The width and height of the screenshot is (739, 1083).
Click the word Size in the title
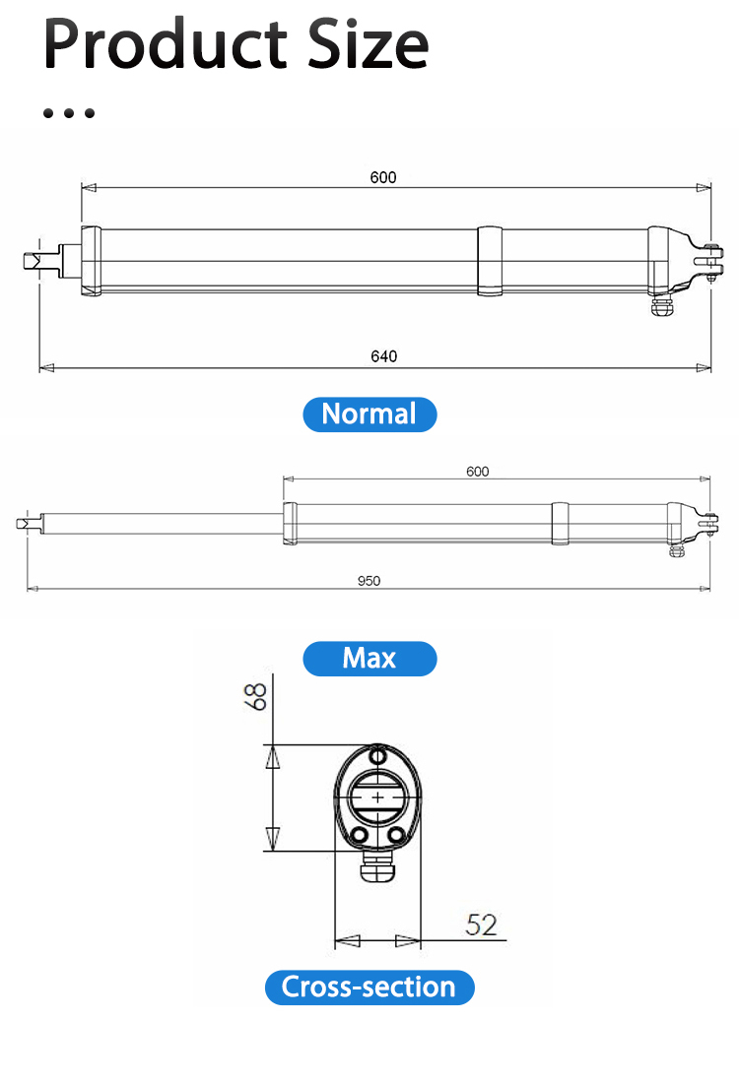368,44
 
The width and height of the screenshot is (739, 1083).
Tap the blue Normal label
369,414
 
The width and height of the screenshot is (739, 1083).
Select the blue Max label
369,659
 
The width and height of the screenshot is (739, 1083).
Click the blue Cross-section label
369,987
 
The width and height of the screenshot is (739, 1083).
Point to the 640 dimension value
383,356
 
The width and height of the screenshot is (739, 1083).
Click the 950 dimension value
369,581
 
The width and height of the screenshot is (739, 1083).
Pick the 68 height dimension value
256,696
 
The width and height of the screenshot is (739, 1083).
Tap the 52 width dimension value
482,924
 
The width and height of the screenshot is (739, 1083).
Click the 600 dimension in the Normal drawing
383,177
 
